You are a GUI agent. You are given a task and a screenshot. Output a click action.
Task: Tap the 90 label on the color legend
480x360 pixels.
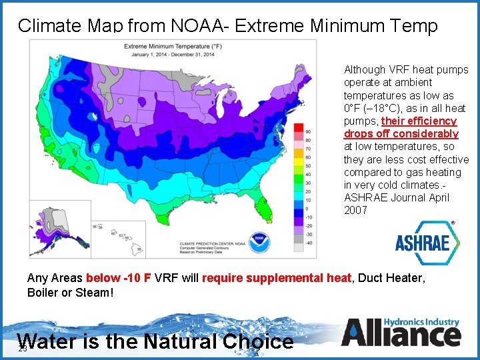[307, 131]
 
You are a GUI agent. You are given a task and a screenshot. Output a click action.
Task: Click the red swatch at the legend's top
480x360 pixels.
[299, 127]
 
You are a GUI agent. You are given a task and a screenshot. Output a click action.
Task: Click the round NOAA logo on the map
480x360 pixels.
[257, 241]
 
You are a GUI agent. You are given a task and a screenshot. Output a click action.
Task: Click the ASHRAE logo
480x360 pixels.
[427, 241]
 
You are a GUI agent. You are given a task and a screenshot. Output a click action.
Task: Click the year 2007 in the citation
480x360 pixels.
[355, 210]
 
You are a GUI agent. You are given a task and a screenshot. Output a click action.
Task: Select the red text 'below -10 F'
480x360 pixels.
[119, 278]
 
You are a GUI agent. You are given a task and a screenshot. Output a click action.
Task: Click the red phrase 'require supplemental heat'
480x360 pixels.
[276, 278]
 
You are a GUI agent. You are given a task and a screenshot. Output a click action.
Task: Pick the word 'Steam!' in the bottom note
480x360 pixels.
[97, 293]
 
